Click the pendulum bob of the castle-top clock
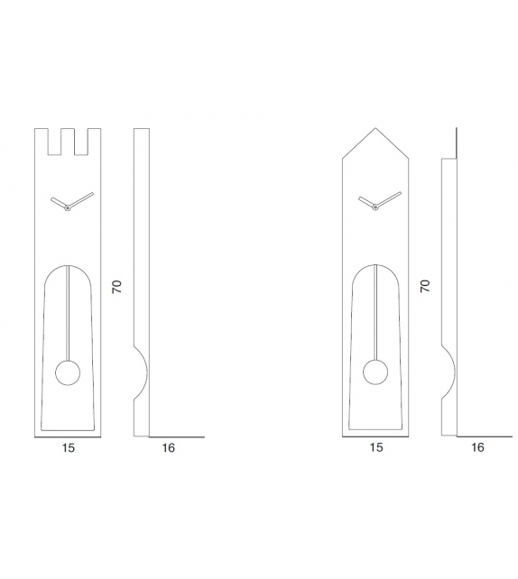(68, 372)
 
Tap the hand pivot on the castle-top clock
(68, 208)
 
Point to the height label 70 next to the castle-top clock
(116, 286)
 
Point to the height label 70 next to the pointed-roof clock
(426, 286)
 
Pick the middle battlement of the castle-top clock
(68, 138)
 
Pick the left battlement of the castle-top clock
(42, 138)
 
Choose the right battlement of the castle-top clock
(93, 138)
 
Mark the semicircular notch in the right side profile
(449, 372)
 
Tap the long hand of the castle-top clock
(81, 200)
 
